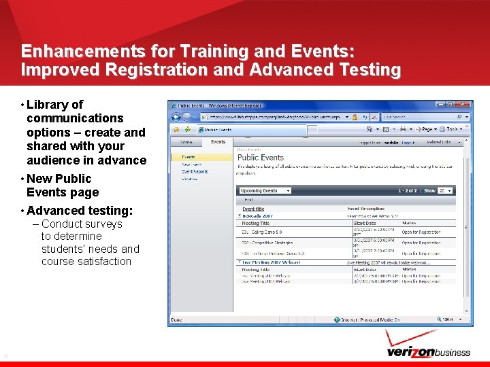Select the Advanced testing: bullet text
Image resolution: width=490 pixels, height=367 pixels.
[80, 211]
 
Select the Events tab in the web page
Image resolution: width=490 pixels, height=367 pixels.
[218, 142]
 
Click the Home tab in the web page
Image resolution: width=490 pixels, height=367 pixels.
[186, 143]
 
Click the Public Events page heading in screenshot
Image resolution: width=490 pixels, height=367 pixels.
[261, 157]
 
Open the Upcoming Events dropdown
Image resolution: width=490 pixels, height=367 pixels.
[265, 191]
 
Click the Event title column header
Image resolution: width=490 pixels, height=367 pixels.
[253, 209]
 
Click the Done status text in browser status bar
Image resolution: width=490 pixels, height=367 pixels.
[176, 319]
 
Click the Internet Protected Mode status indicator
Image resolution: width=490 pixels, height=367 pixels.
[370, 319]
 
